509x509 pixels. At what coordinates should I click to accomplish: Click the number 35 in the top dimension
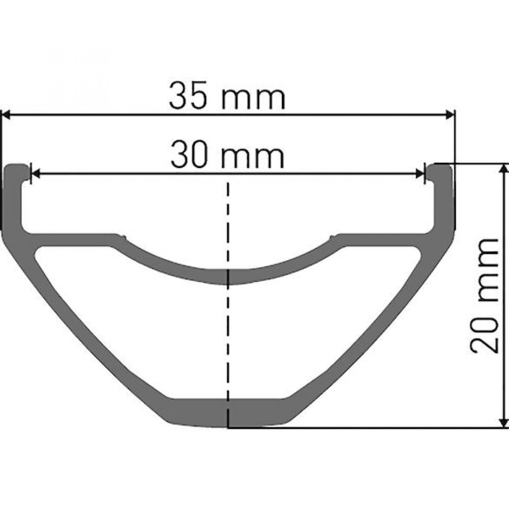coord(188,96)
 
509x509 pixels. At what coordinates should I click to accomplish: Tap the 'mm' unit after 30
coord(252,157)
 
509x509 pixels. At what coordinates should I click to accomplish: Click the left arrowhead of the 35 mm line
coord(6,115)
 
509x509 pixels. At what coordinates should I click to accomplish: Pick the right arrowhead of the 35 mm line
coord(449,115)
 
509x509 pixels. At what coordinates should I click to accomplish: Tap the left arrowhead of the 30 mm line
coord(35,174)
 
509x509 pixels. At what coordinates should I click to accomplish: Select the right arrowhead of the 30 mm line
coord(420,174)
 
